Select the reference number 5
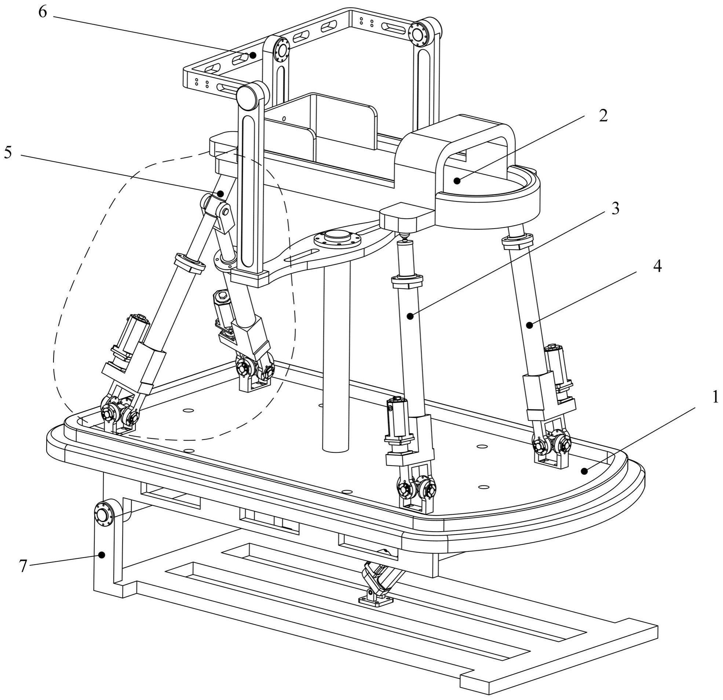coord(8,152)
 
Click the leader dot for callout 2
coord(457,181)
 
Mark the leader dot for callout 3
coord(410,316)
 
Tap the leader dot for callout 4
coord(530,325)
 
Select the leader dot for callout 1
coord(584,471)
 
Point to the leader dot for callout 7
coord(103,554)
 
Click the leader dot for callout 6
coord(253,55)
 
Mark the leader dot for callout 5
coord(220,193)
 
